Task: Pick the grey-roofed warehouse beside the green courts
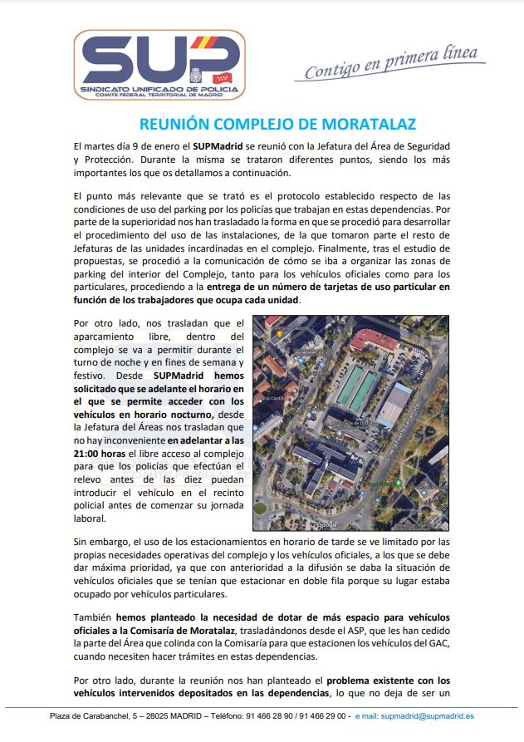point(395,405)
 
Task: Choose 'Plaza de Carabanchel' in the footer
point(91,715)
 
